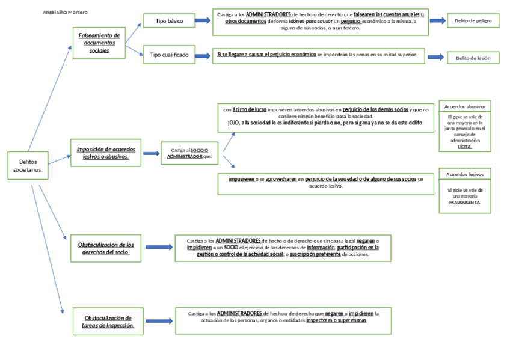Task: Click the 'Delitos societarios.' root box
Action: click(x=28, y=166)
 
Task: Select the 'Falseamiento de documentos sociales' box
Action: click(x=99, y=43)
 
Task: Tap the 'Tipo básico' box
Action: click(x=169, y=21)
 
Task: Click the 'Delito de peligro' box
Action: click(x=473, y=21)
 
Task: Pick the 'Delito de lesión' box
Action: click(x=473, y=58)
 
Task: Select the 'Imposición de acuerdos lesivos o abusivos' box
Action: click(x=106, y=153)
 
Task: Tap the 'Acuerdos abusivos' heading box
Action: click(x=464, y=106)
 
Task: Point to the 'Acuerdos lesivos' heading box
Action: click(x=464, y=174)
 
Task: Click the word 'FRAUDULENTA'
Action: click(x=464, y=203)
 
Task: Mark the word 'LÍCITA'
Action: click(x=464, y=146)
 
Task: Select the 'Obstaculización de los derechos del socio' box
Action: click(x=106, y=248)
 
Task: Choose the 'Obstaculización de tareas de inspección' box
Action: click(x=108, y=321)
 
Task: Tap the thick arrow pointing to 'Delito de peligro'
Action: click(x=438, y=21)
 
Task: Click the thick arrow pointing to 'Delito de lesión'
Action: click(x=437, y=57)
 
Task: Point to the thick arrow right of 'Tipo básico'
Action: click(x=202, y=21)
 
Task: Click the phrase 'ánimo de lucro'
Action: click(x=249, y=109)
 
